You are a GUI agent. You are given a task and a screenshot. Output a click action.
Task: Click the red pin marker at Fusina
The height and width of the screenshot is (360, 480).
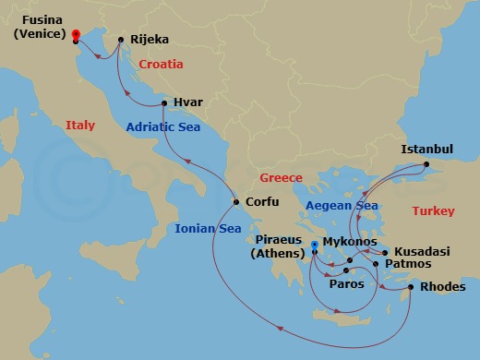75,35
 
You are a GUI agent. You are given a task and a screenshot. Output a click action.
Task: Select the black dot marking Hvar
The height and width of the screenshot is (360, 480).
163,102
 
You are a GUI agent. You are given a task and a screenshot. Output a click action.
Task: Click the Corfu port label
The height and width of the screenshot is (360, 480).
261,202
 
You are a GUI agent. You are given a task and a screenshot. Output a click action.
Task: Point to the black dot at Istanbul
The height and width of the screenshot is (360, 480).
426,165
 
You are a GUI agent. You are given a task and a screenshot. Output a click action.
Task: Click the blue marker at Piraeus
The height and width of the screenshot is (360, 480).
315,245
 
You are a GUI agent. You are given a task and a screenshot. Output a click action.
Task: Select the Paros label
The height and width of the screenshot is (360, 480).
347,283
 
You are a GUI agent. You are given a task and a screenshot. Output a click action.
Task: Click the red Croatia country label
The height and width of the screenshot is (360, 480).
161,65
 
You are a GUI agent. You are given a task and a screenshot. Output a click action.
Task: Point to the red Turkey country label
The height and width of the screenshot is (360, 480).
434,211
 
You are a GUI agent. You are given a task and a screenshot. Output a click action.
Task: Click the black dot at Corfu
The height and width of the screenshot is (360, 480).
236,202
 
